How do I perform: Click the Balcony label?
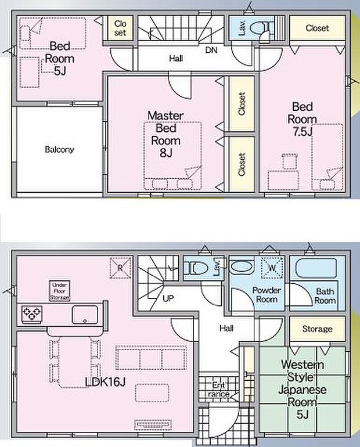tap(59, 149)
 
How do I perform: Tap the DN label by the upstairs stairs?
tap(211, 50)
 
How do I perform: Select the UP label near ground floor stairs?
tap(168, 298)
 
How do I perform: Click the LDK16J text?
tap(105, 382)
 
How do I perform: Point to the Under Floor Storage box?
tap(60, 291)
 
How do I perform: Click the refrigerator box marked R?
tap(121, 268)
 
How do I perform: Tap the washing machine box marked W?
tap(272, 268)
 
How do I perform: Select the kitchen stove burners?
tap(32, 314)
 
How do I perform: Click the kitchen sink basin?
tap(85, 315)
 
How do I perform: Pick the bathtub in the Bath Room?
tap(316, 268)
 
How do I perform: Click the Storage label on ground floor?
tap(317, 329)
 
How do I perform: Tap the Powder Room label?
tap(267, 295)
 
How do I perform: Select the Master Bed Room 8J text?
tap(166, 134)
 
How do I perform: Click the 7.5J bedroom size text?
tap(303, 132)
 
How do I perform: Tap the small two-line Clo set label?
tap(120, 28)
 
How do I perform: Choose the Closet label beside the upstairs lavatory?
tap(317, 28)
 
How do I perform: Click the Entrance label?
tap(219, 390)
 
